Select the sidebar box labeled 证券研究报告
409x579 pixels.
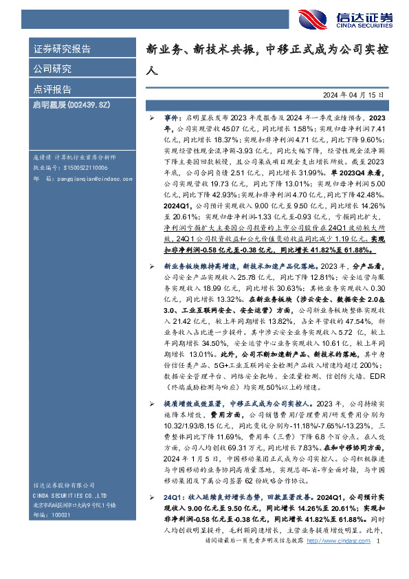63,49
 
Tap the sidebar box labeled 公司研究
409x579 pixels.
53,69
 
